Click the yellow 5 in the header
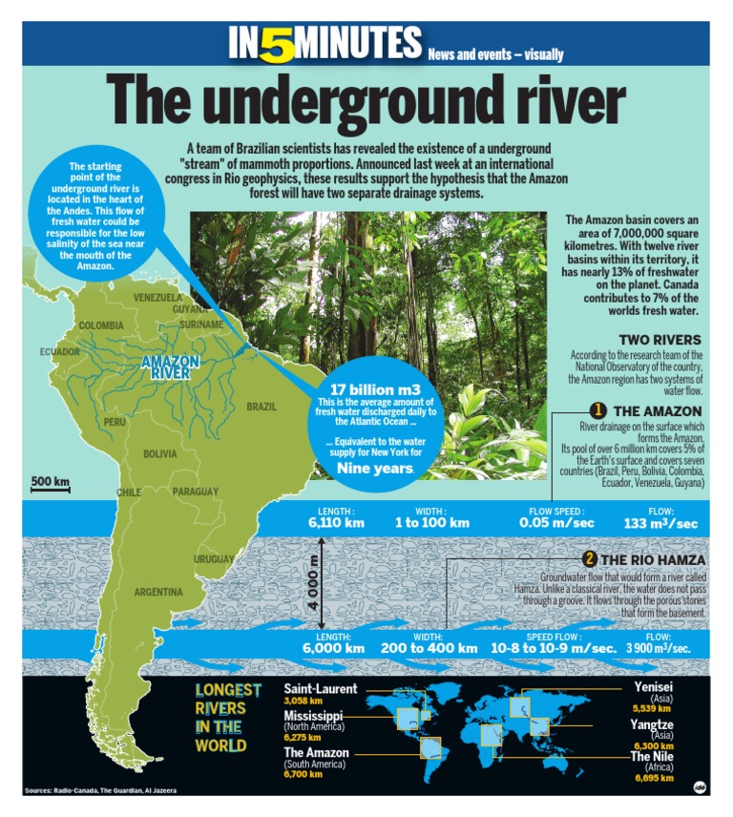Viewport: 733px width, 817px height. click(x=278, y=44)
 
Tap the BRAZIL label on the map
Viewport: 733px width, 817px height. click(x=261, y=407)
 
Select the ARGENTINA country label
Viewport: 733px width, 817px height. click(x=157, y=592)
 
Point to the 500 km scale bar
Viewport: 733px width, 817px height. click(x=50, y=483)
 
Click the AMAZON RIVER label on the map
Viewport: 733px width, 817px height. click(x=170, y=367)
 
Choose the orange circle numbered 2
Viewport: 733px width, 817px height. click(x=590, y=559)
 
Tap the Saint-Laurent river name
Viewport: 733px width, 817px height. click(x=321, y=688)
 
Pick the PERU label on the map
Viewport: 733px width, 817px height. click(x=115, y=422)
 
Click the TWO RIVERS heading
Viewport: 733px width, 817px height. click(x=660, y=340)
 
